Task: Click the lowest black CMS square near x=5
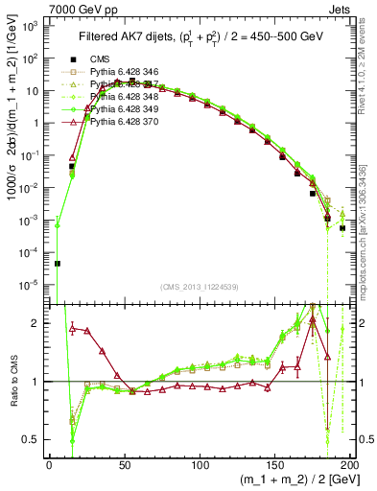[x=57, y=263]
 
